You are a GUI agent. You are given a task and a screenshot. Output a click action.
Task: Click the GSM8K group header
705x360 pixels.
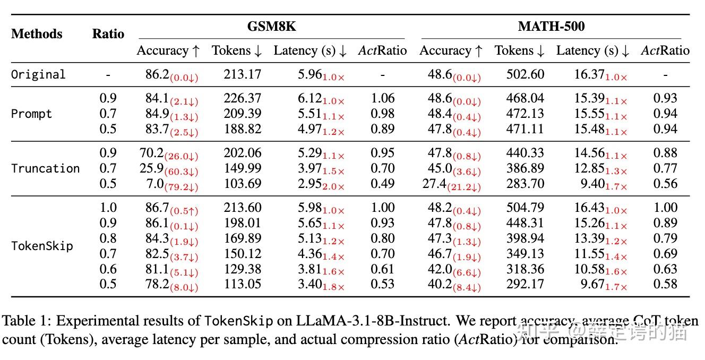pyautogui.click(x=271, y=27)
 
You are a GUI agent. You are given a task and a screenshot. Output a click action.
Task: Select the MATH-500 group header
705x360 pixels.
pyautogui.click(x=551, y=27)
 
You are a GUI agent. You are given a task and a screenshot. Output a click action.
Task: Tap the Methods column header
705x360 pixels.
pyautogui.click(x=37, y=34)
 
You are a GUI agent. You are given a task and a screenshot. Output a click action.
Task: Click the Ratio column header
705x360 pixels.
pyautogui.click(x=108, y=34)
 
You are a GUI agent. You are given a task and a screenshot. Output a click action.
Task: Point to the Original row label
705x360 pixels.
pyautogui.click(x=38, y=74)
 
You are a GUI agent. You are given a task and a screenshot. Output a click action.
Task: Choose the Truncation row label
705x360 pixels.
pyautogui.click(x=45, y=168)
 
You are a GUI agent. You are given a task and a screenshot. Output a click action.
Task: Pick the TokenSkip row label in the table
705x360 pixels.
pyautogui.click(x=42, y=246)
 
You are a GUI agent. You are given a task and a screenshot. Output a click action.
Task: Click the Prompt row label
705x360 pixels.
pyautogui.click(x=31, y=114)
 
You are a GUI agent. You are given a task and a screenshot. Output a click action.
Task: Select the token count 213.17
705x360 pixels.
pyautogui.click(x=242, y=74)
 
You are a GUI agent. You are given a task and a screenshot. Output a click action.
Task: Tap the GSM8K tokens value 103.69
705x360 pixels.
pyautogui.click(x=242, y=184)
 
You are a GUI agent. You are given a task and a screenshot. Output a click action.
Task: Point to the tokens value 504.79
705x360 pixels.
pyautogui.click(x=525, y=208)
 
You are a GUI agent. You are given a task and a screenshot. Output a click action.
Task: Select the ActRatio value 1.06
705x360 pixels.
pyautogui.click(x=383, y=98)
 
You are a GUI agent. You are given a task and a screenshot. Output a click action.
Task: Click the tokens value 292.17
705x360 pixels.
pyautogui.click(x=525, y=284)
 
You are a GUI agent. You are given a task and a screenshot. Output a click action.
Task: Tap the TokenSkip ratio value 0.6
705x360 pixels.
pyautogui.click(x=108, y=269)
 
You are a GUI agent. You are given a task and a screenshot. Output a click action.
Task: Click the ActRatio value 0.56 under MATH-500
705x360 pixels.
pyautogui.click(x=666, y=184)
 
